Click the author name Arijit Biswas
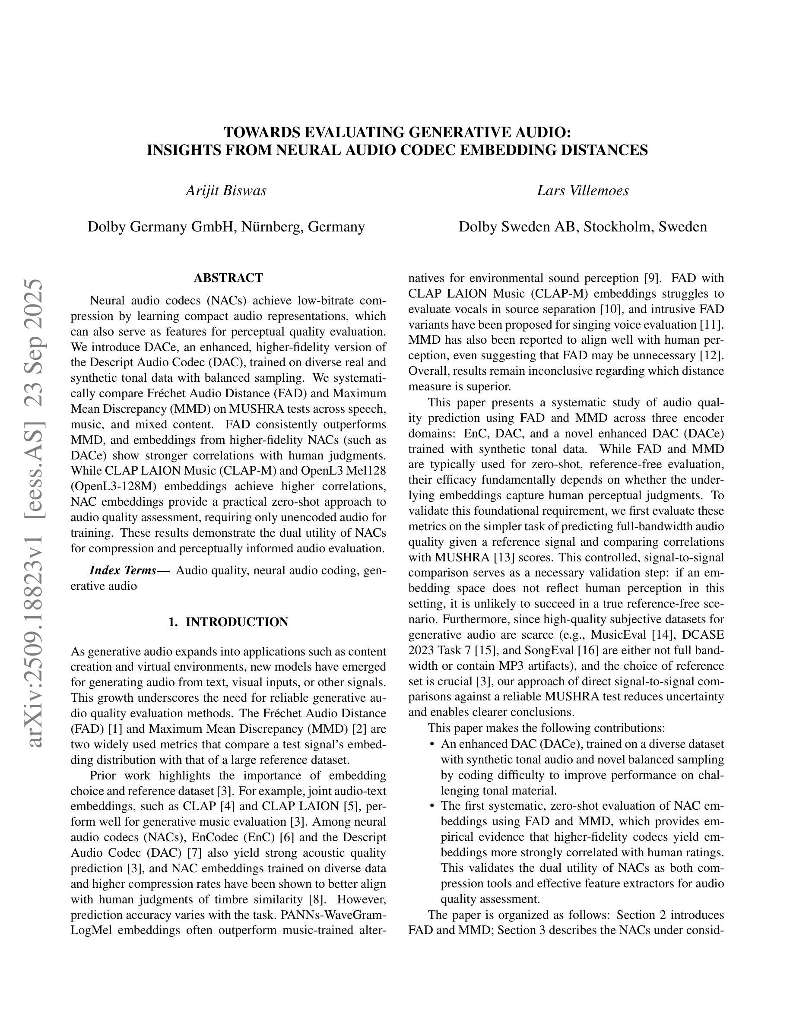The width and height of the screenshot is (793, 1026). tap(226, 191)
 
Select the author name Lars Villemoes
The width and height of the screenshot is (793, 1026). tap(583, 191)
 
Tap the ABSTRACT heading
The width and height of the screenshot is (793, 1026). tap(228, 278)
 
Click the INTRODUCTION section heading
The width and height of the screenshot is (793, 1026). tap(228, 622)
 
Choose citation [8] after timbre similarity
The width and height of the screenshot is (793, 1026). tap(316, 899)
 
